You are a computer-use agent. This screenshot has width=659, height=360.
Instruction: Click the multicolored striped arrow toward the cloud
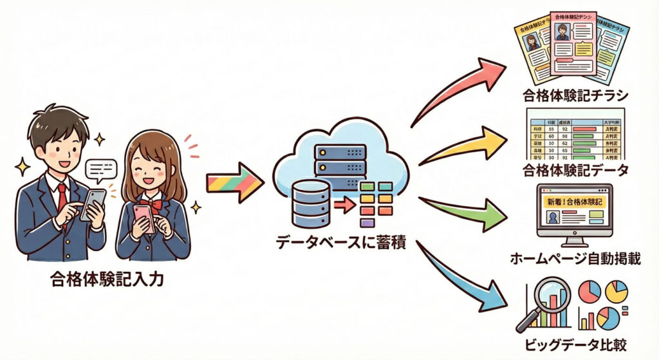234,182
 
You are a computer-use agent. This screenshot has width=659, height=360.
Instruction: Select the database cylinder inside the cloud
310,200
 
